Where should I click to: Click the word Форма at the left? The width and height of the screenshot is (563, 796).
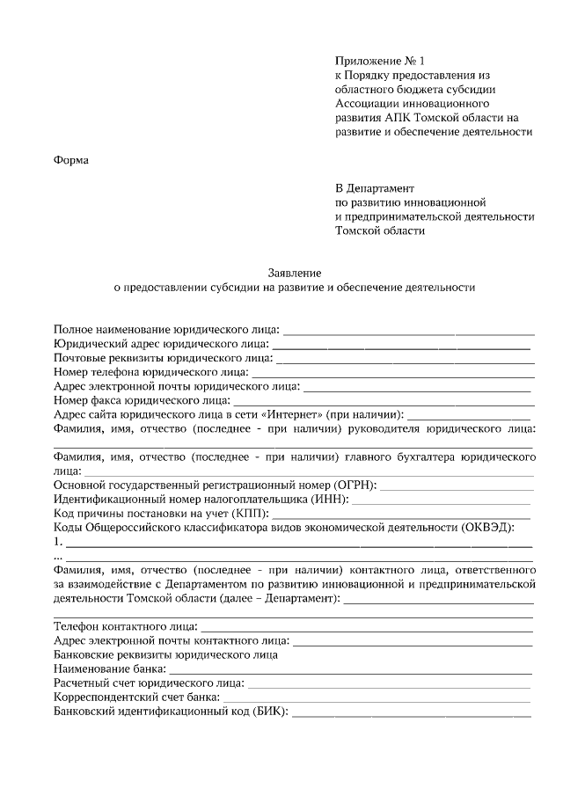71,159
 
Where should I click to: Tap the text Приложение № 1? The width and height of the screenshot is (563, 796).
379,61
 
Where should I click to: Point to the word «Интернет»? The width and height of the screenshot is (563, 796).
290,414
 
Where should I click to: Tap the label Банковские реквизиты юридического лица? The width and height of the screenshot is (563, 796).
166,654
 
